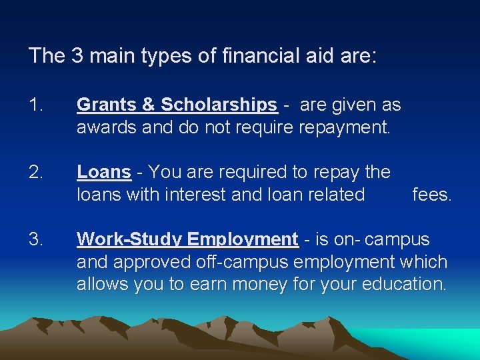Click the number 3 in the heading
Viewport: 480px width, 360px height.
76,55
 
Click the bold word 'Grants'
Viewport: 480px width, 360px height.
107,105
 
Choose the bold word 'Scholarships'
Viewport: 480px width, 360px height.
219,105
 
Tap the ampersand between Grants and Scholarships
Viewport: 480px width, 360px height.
149,105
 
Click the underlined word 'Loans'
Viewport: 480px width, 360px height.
104,172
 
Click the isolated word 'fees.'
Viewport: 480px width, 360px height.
432,195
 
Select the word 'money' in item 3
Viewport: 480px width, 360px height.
251,285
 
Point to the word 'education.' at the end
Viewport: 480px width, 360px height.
404,285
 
